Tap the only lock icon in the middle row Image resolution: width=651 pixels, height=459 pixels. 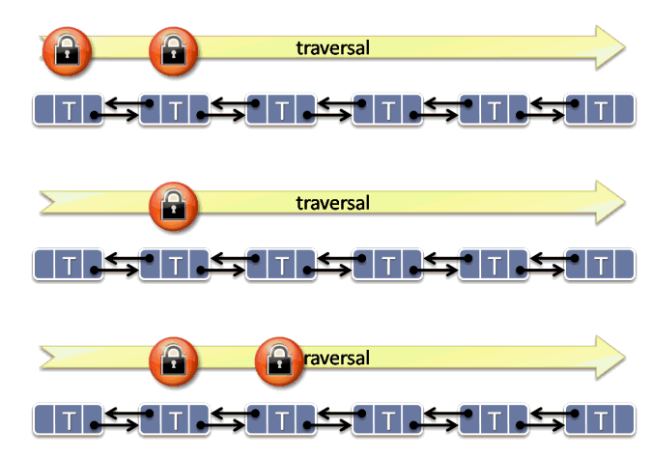[x=173, y=204]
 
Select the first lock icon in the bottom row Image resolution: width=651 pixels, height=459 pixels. [x=173, y=359]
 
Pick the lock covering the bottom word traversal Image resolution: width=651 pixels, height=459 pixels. [x=279, y=359]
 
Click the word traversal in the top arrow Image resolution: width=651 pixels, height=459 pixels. [x=333, y=47]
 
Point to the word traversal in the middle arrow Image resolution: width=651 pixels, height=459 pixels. [x=333, y=203]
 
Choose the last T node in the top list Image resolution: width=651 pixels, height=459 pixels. [x=601, y=110]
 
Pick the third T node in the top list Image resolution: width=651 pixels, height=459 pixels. [x=280, y=110]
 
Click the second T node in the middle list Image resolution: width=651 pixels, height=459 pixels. [x=173, y=264]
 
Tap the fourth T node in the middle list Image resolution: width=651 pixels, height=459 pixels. [x=387, y=264]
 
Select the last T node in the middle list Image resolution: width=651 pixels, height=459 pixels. [x=601, y=264]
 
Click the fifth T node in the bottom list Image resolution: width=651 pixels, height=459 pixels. [x=494, y=419]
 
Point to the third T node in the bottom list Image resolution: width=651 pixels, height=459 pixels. [x=280, y=419]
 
